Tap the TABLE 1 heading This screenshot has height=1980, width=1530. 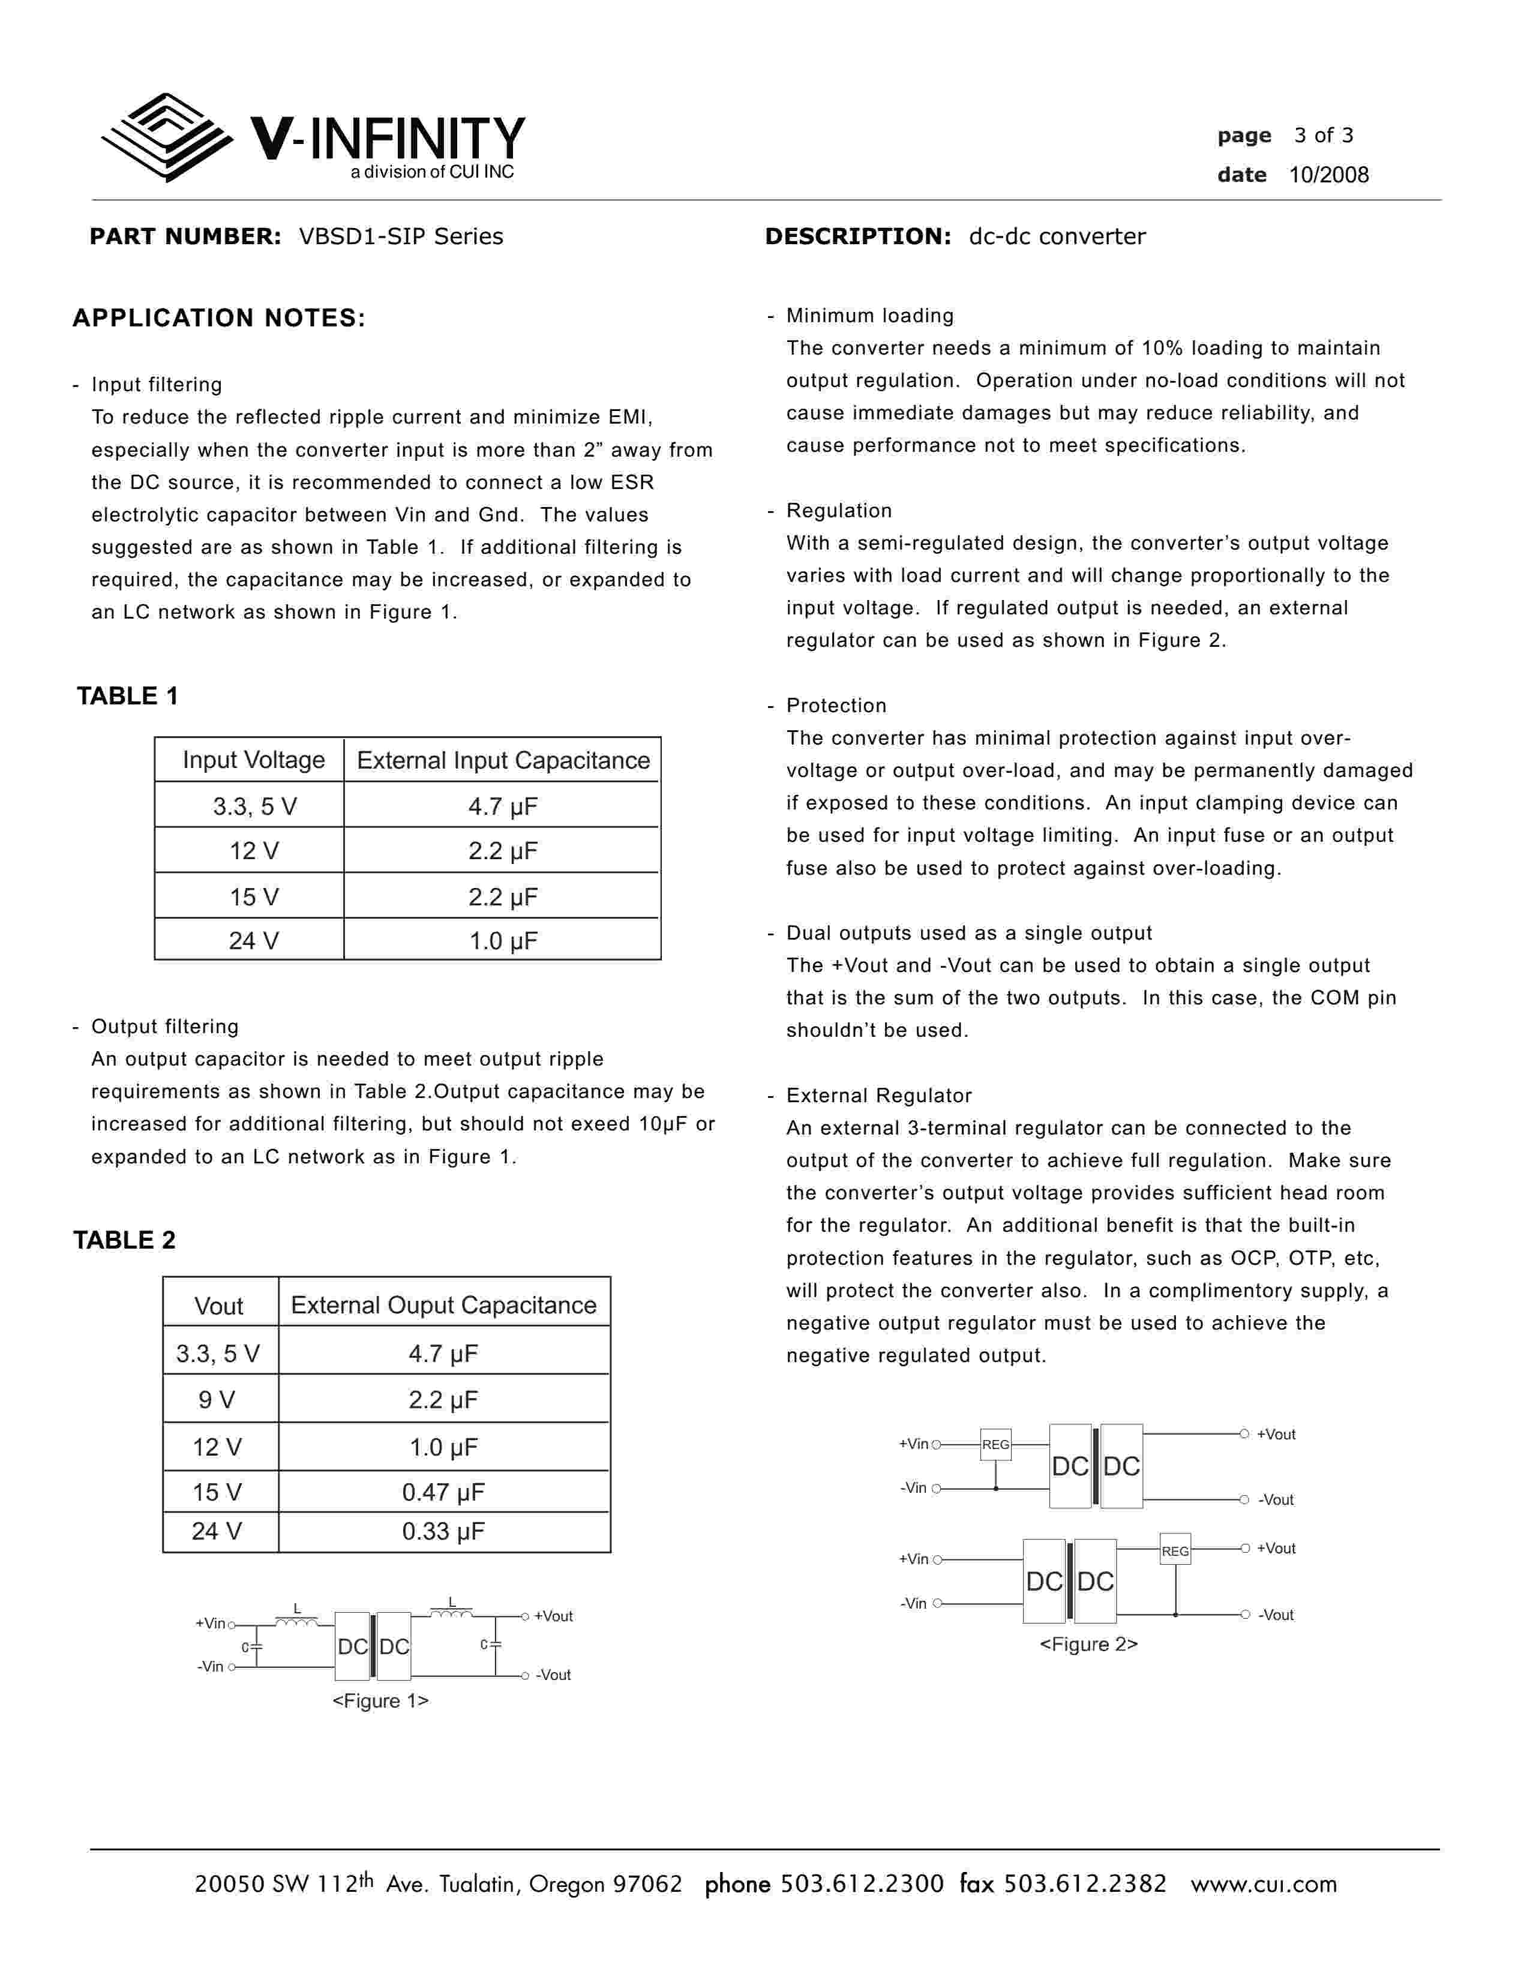128,696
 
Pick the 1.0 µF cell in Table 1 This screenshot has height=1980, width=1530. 502,940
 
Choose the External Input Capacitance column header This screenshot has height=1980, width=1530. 503,760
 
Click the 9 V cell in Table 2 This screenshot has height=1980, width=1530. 218,1400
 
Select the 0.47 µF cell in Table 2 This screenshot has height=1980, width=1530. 443,1492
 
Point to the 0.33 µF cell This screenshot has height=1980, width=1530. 443,1531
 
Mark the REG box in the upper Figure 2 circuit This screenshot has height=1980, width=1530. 995,1444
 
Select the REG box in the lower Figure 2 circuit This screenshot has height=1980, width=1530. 1175,1551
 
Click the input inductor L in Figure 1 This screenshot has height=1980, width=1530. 296,1619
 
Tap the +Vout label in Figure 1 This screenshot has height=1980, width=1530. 553,1616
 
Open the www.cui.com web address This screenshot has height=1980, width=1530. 1264,1884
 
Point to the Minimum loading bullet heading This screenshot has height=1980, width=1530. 869,316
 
